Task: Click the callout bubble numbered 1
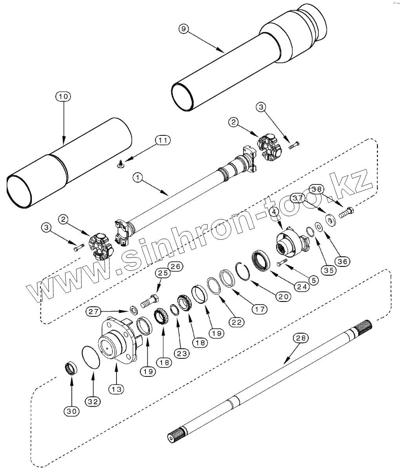tap(137, 178)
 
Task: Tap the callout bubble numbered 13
tap(117, 389)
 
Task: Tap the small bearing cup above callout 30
tap(71, 369)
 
